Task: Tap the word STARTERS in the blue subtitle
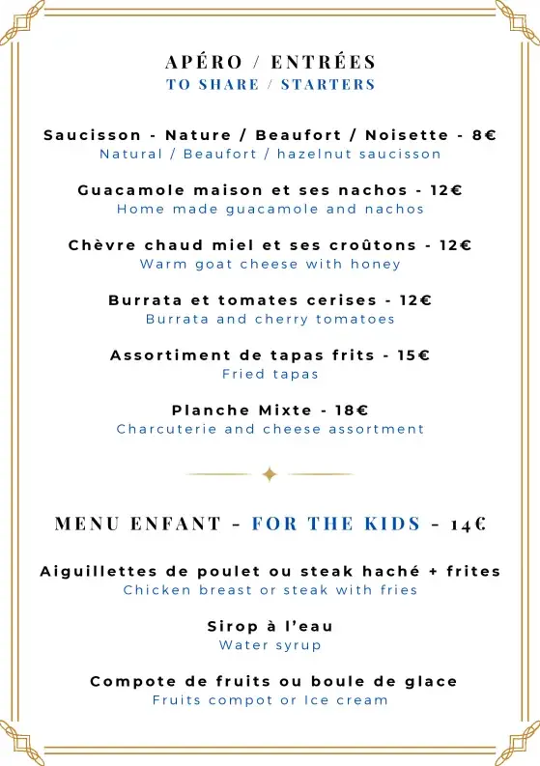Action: click(x=327, y=84)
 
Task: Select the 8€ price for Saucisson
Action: click(x=484, y=135)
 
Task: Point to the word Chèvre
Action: click(x=99, y=245)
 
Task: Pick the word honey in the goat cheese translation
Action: click(x=379, y=264)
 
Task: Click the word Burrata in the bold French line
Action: click(x=145, y=300)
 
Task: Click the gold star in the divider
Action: click(x=270, y=474)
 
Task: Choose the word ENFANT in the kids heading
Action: click(x=176, y=525)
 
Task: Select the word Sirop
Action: click(x=230, y=627)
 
